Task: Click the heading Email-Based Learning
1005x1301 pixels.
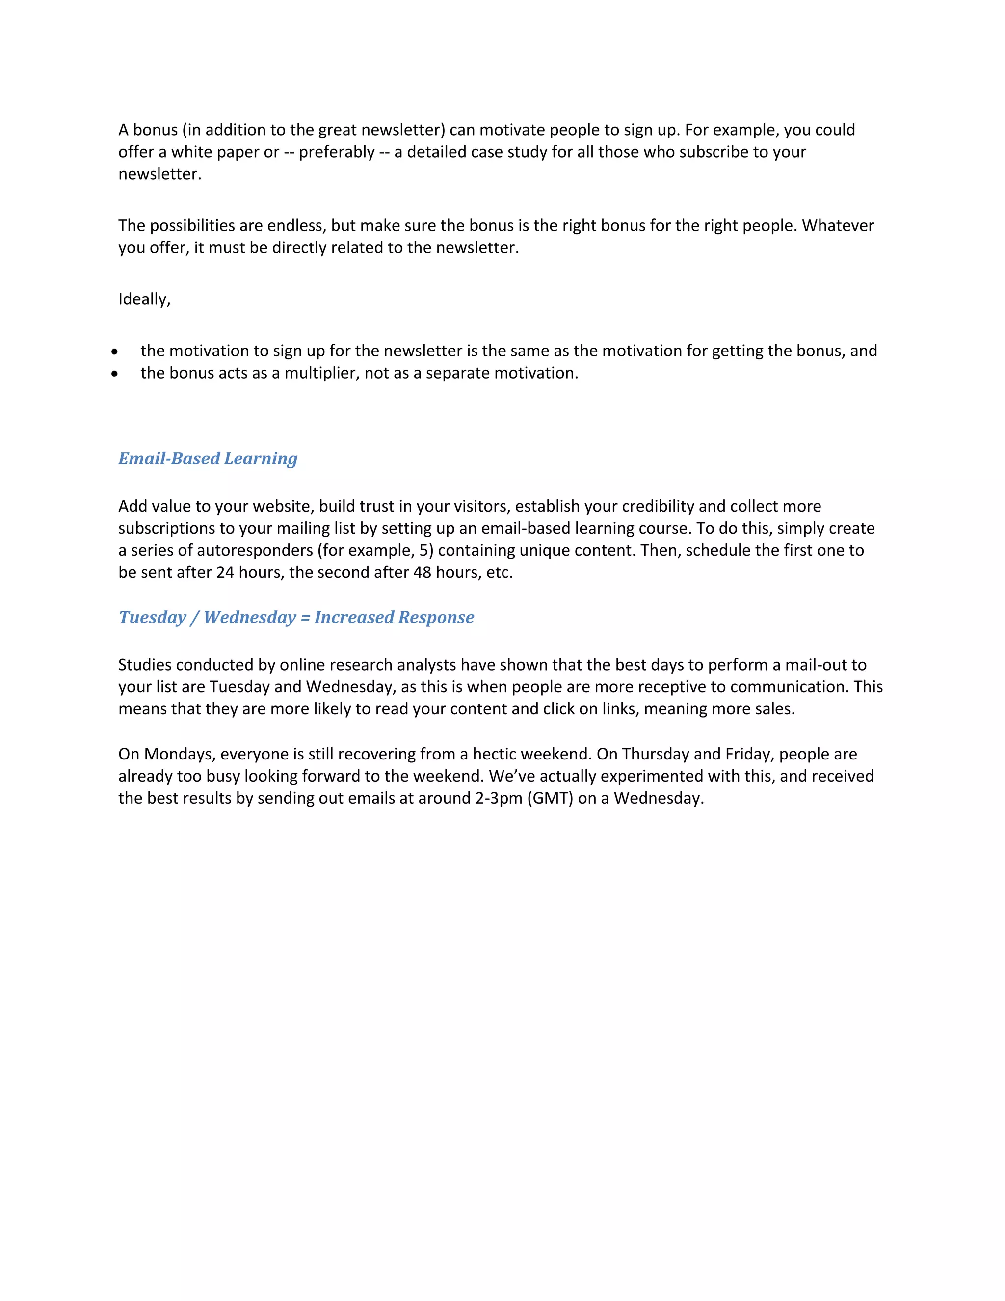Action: coord(208,458)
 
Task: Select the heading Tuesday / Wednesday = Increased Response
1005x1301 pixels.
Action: coord(296,617)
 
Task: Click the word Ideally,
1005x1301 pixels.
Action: coord(144,299)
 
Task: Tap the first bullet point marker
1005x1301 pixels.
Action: coord(114,352)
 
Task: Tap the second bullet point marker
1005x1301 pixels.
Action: coord(114,374)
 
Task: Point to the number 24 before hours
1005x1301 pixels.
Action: coord(225,572)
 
